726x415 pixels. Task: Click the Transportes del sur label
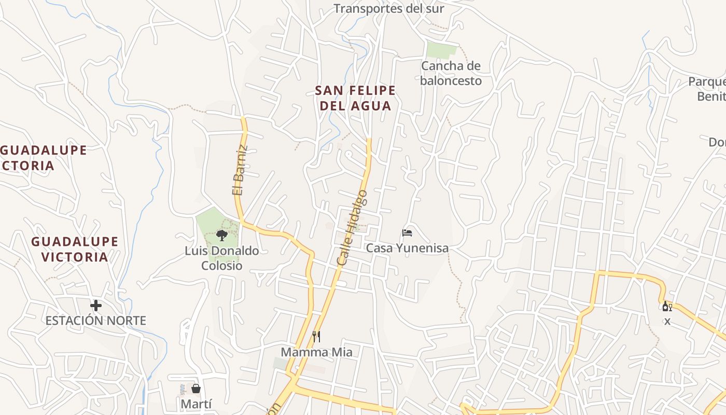pyautogui.click(x=388, y=9)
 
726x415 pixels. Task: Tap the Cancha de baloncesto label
pyautogui.click(x=451, y=73)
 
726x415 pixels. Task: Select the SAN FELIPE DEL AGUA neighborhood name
pyautogui.click(x=355, y=98)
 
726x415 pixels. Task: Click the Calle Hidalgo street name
pyautogui.click(x=352, y=228)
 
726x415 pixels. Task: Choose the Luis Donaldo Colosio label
pyautogui.click(x=222, y=258)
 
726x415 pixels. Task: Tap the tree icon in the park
pyautogui.click(x=221, y=236)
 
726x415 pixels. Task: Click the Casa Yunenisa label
pyautogui.click(x=407, y=248)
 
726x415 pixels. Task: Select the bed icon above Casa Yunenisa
pyautogui.click(x=407, y=233)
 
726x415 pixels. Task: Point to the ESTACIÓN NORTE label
pyautogui.click(x=96, y=321)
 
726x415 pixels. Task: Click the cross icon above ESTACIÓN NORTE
pyautogui.click(x=96, y=305)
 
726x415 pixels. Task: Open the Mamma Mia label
pyautogui.click(x=316, y=352)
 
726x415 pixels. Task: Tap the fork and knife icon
pyautogui.click(x=316, y=337)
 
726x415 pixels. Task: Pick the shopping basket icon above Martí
pyautogui.click(x=196, y=389)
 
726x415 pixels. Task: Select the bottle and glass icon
pyautogui.click(x=667, y=307)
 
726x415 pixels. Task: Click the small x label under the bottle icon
pyautogui.click(x=667, y=322)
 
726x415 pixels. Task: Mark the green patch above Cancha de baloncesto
pyautogui.click(x=441, y=49)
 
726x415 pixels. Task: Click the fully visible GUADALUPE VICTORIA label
pyautogui.click(x=75, y=249)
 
